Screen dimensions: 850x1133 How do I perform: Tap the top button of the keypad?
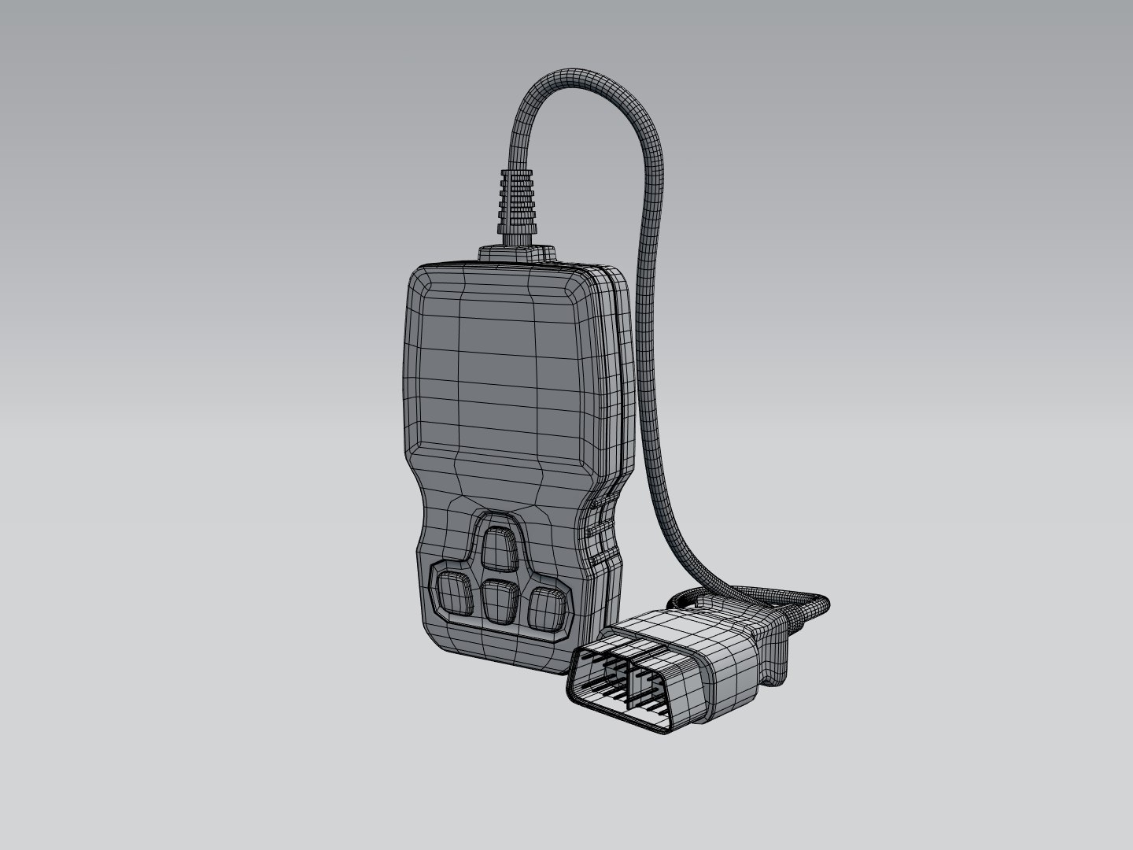click(x=500, y=547)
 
